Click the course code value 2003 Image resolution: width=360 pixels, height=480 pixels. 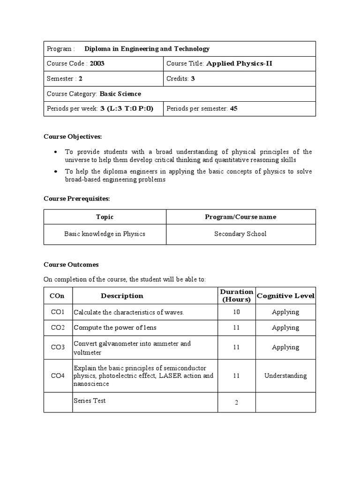[97, 64]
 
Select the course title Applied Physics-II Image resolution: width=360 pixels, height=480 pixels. [239, 64]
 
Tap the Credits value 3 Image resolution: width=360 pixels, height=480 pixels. [193, 79]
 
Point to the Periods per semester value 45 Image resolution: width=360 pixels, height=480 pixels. [234, 109]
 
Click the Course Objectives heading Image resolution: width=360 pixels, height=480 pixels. [73, 136]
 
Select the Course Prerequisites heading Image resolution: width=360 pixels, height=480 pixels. [77, 199]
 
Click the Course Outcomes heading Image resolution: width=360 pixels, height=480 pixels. [71, 264]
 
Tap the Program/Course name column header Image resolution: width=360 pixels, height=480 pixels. [240, 217]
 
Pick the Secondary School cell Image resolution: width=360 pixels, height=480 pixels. [240, 234]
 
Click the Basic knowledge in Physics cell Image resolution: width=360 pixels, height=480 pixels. [105, 234]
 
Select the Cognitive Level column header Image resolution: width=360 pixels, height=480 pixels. [285, 296]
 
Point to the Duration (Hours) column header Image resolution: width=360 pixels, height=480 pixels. [236, 295]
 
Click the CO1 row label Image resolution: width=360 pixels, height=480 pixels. [58, 312]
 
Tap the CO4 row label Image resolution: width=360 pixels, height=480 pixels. [58, 375]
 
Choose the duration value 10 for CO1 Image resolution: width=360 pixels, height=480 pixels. [236, 312]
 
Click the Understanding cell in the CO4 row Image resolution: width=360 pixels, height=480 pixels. [285, 375]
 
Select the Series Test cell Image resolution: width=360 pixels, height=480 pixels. [90, 401]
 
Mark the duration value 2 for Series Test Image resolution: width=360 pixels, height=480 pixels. [236, 403]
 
